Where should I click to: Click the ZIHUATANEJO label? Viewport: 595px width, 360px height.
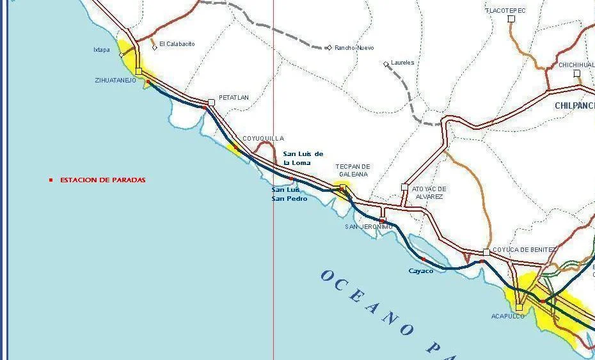pyautogui.click(x=115, y=80)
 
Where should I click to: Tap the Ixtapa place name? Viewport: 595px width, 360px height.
pyautogui.click(x=102, y=49)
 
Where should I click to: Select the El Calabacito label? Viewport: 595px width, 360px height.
pyautogui.click(x=177, y=44)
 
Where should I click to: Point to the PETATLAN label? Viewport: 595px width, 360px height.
pyautogui.click(x=234, y=98)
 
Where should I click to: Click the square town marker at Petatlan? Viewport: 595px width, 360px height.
pyautogui.click(x=211, y=102)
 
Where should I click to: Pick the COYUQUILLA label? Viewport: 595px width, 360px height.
pyautogui.click(x=263, y=139)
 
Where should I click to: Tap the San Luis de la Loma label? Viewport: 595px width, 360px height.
pyautogui.click(x=303, y=158)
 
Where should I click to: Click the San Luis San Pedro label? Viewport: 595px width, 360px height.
pyautogui.click(x=289, y=194)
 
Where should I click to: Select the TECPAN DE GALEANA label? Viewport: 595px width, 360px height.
pyautogui.click(x=353, y=170)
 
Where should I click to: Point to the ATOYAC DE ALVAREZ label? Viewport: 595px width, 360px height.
pyautogui.click(x=429, y=192)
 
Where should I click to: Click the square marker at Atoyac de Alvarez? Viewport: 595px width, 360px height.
pyautogui.click(x=404, y=187)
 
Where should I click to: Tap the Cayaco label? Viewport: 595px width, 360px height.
pyautogui.click(x=421, y=271)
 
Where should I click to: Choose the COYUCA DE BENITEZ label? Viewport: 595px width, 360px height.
pyautogui.click(x=524, y=249)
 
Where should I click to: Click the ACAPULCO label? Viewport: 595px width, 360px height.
pyautogui.click(x=507, y=317)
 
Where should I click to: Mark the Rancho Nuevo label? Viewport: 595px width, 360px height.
pyautogui.click(x=354, y=48)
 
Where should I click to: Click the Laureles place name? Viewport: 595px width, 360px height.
pyautogui.click(x=402, y=63)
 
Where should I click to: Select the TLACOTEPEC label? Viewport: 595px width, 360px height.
pyautogui.click(x=505, y=11)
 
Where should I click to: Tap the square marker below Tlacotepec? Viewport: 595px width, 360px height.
pyautogui.click(x=511, y=19)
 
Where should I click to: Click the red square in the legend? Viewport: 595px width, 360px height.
pyautogui.click(x=51, y=180)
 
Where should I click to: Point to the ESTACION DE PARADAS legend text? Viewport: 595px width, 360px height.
pyautogui.click(x=102, y=180)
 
